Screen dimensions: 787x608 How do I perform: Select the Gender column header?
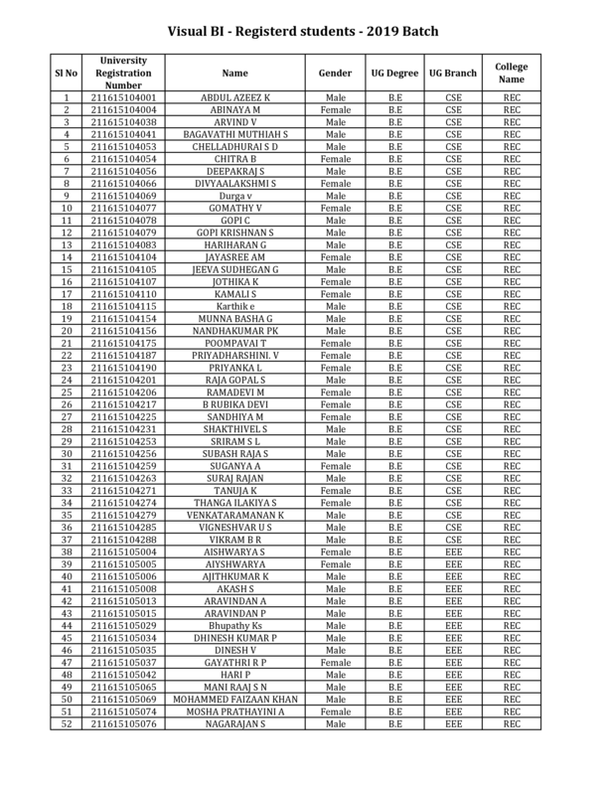(x=335, y=74)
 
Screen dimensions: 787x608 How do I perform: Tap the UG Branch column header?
(x=453, y=74)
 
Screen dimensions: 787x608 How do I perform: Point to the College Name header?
(x=511, y=74)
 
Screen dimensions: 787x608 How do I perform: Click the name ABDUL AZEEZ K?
(x=235, y=97)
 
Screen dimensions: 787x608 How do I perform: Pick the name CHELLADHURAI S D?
(x=235, y=146)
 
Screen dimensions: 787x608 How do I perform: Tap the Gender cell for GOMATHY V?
(x=335, y=208)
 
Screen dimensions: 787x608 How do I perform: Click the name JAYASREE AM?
(x=235, y=256)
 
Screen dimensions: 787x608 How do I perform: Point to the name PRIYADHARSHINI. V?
(x=235, y=355)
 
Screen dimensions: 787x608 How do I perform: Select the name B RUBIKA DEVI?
(x=235, y=403)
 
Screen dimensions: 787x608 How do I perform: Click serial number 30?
(x=67, y=453)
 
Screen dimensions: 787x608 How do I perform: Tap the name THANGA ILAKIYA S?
(x=235, y=502)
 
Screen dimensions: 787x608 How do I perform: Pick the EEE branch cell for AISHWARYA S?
(x=453, y=551)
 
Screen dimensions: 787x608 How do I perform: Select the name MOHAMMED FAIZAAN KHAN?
(x=235, y=699)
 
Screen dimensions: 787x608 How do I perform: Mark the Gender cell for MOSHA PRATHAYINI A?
(x=335, y=710)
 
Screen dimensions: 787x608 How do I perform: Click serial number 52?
(x=67, y=723)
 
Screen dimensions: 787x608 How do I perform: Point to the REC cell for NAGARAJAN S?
(x=511, y=723)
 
